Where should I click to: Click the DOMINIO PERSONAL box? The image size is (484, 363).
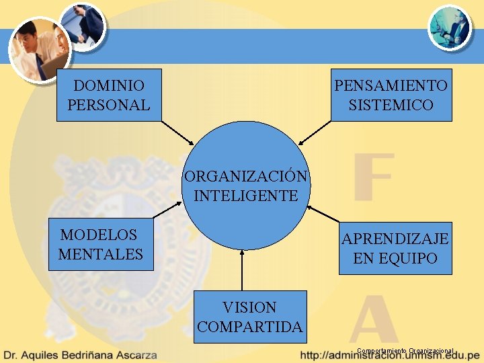pos(109,95)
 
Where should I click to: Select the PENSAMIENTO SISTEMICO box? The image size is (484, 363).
pos(391,95)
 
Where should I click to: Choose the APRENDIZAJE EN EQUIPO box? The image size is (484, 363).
pos(395,248)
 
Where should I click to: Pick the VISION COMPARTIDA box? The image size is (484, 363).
pos(249,317)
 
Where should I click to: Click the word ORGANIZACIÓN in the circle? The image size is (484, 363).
pos(246,177)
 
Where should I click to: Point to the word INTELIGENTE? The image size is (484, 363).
pos(245,196)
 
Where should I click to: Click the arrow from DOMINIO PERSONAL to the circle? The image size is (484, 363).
pos(177,133)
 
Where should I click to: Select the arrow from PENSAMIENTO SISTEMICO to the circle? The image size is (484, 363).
pos(314,133)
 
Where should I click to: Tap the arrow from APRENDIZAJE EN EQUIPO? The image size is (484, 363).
pos(323,214)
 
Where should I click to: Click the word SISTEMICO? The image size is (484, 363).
pos(391,105)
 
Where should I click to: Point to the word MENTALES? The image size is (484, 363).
pos(101,254)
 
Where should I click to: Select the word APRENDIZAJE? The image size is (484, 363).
pos(395,239)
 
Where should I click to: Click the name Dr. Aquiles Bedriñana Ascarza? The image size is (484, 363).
pos(80,354)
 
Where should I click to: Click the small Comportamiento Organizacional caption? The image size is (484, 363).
pos(405,351)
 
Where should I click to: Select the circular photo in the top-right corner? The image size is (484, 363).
pos(450,28)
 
